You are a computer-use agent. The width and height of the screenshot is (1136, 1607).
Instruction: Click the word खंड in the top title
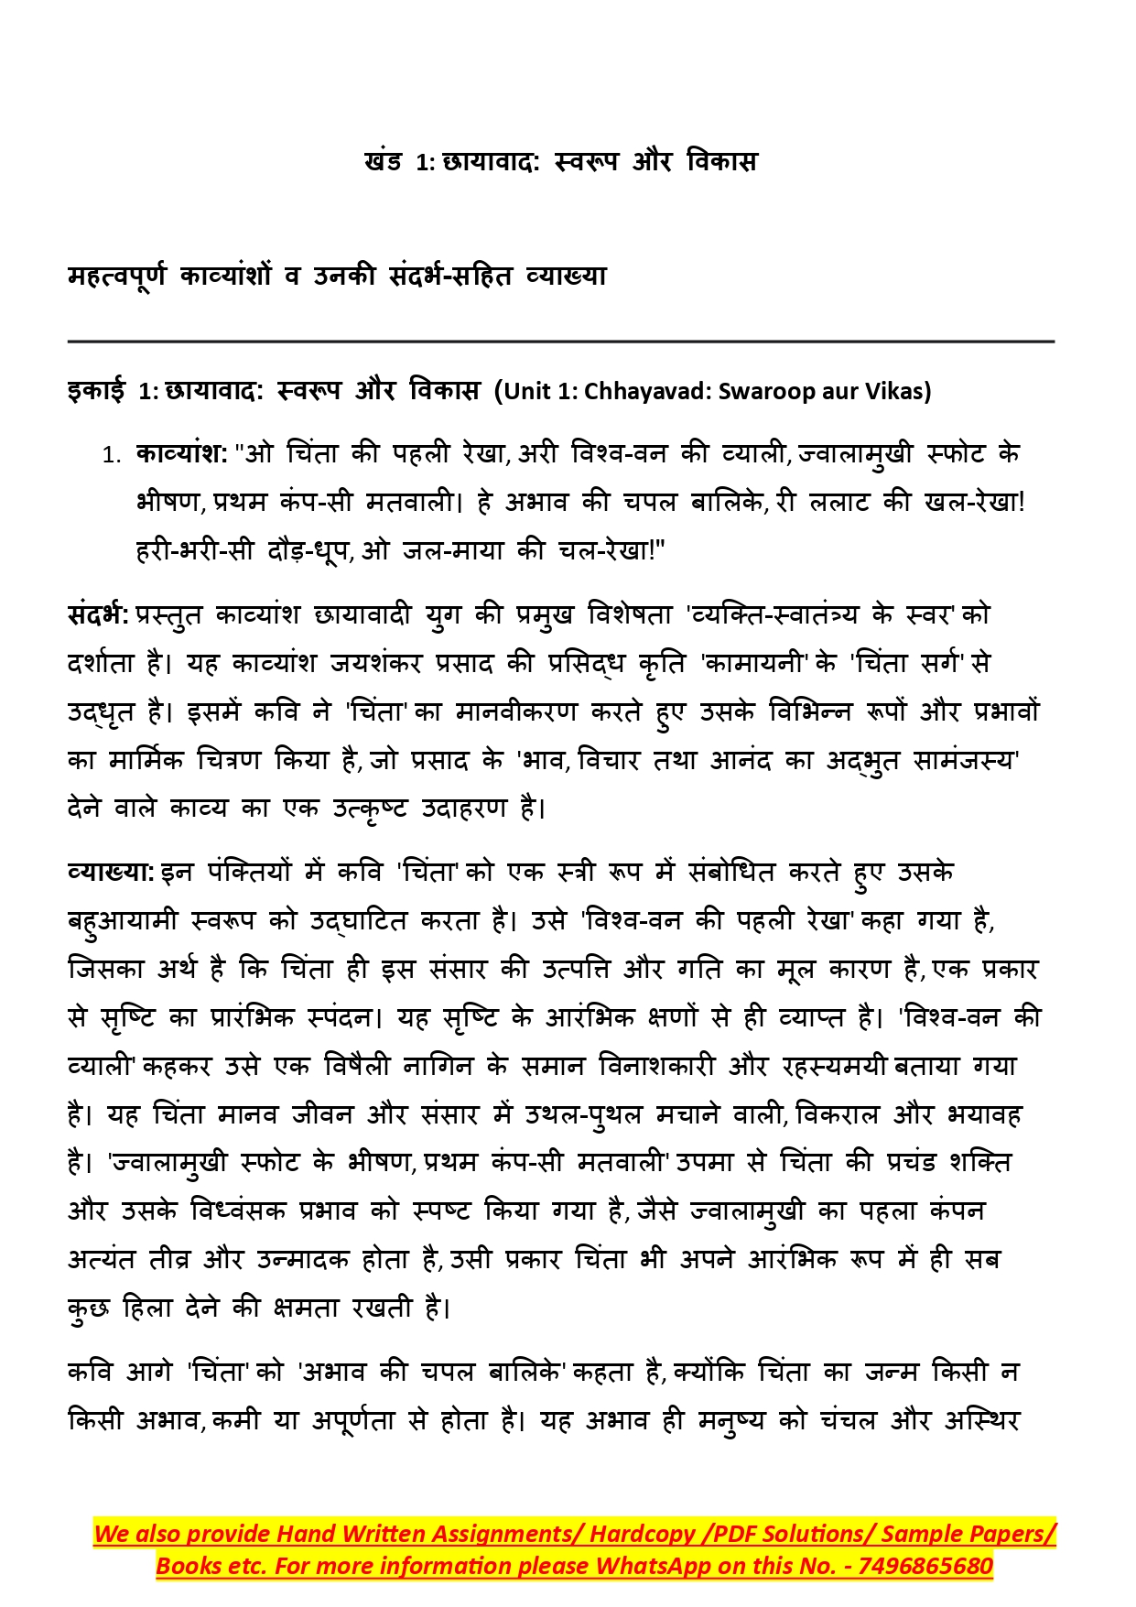tap(383, 162)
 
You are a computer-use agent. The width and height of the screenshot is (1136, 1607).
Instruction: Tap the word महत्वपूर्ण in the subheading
tap(117, 276)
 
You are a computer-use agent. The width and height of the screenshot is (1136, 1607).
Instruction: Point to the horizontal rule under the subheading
tap(560, 342)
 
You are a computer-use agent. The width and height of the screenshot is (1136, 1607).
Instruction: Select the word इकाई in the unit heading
tap(96, 391)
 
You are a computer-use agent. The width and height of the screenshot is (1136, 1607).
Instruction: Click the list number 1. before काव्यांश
tap(112, 455)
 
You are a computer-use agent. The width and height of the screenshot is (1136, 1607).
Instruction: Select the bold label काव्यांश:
tap(181, 453)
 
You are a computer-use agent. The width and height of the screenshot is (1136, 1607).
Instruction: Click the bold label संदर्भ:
tap(98, 614)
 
